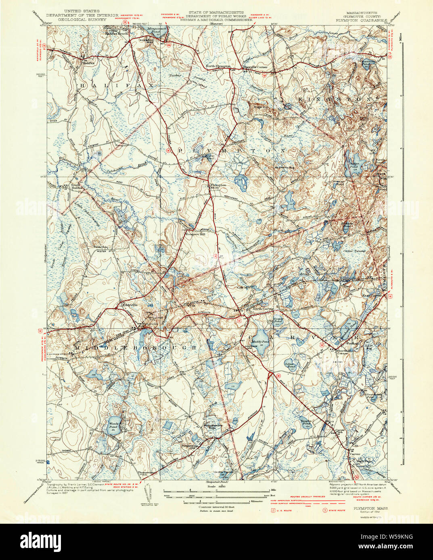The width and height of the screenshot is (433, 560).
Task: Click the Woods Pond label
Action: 113,425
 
